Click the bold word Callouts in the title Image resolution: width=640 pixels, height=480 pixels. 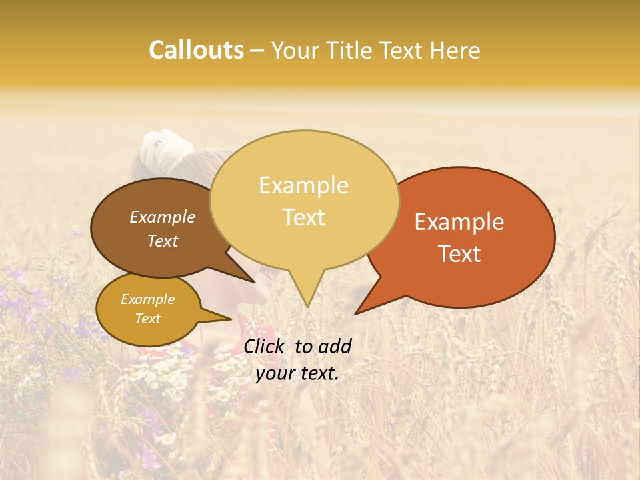(x=196, y=50)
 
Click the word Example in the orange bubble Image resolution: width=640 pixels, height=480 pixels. (x=459, y=222)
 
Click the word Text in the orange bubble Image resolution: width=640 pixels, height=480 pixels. (x=459, y=253)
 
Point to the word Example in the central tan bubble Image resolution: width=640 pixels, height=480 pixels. (x=304, y=185)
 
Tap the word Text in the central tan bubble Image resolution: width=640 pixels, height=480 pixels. (x=304, y=217)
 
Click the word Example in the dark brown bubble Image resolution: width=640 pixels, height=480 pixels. (x=162, y=217)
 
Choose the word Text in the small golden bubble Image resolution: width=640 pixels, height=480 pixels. (x=148, y=319)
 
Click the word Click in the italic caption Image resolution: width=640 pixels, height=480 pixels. (x=266, y=346)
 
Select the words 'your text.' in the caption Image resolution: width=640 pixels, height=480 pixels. (x=297, y=374)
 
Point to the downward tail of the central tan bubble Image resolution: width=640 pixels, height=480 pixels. (x=307, y=293)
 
